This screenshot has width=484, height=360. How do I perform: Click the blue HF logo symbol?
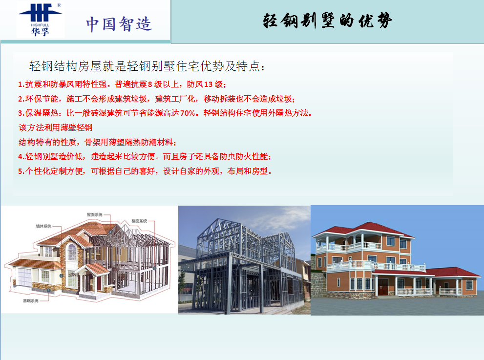(40, 13)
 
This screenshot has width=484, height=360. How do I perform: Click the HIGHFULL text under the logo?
(40, 25)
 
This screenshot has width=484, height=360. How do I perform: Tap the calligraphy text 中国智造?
(119, 24)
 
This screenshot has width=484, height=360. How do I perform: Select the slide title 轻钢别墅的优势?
(327, 21)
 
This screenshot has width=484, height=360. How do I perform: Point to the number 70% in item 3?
(188, 113)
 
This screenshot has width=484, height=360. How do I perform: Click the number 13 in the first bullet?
(209, 85)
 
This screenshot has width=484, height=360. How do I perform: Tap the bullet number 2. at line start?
(21, 99)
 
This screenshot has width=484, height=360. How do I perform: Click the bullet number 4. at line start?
(21, 156)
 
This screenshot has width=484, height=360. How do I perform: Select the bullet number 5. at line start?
(21, 171)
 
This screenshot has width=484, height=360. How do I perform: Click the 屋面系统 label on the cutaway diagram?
(94, 214)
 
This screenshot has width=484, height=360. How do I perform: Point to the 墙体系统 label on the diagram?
(43, 226)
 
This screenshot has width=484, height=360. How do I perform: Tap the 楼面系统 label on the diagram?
(139, 221)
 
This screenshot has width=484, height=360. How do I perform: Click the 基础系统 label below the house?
(31, 301)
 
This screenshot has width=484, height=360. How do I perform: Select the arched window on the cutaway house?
(72, 252)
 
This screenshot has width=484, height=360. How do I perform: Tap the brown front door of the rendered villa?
(383, 287)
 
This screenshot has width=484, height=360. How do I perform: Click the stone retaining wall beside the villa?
(318, 282)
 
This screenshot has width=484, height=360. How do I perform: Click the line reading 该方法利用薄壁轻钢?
(55, 127)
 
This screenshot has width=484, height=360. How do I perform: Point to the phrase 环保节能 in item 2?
(42, 99)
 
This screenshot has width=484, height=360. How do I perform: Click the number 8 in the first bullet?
(150, 85)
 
